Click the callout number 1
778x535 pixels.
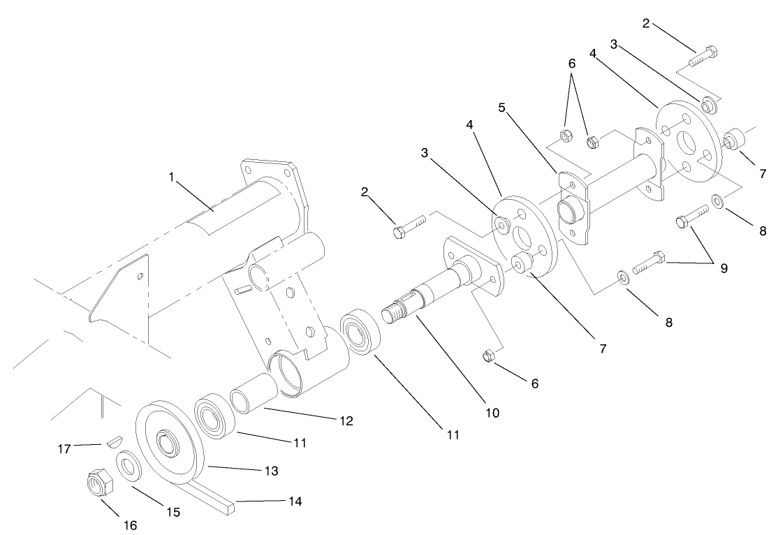coord(170,177)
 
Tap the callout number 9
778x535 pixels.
coord(723,268)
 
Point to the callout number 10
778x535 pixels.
coord(492,413)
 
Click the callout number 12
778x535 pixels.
coord(345,421)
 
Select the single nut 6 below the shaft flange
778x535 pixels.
coord(489,357)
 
